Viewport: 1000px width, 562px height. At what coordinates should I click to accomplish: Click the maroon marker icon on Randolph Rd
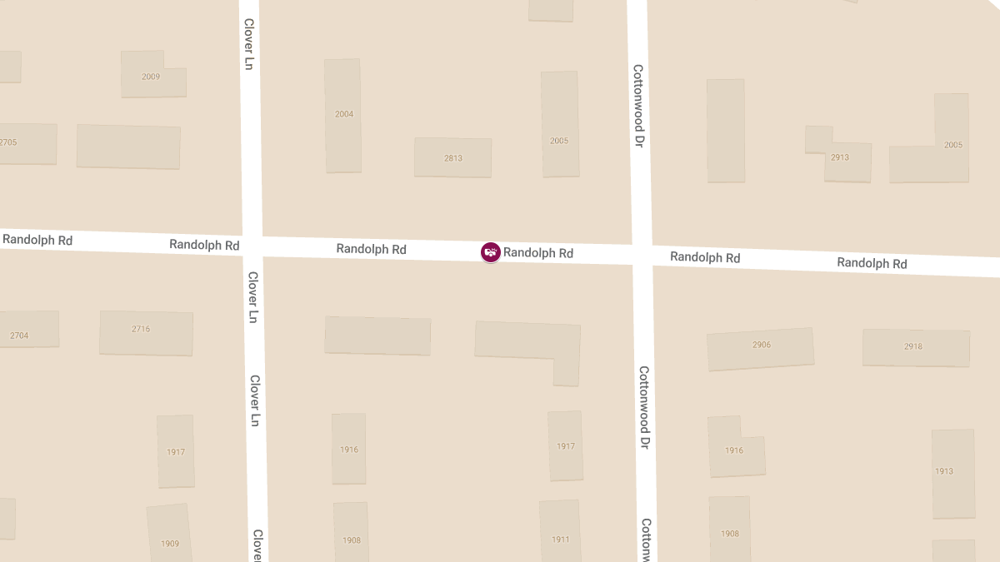coord(491,252)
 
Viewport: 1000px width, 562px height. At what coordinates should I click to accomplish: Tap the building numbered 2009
coord(151,77)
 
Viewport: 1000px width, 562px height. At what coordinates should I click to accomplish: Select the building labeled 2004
coord(343,115)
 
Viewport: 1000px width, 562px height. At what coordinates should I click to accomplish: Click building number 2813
coord(452,157)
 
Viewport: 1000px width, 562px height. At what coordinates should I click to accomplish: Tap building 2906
coord(760,348)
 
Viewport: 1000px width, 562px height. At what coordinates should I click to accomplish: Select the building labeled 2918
coord(915,347)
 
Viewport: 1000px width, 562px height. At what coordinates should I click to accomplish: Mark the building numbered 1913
coord(952,473)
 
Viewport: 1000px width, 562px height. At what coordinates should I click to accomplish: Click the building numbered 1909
coord(170,535)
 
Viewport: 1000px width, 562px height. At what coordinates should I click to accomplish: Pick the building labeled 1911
coord(560,533)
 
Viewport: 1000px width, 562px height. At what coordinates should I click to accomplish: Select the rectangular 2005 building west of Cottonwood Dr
coord(560,124)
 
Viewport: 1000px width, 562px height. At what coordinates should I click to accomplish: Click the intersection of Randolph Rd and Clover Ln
coord(252,246)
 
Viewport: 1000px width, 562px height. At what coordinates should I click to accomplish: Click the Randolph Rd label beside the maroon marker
coord(538,253)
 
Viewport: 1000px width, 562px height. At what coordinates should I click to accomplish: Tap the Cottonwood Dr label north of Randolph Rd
coord(638,106)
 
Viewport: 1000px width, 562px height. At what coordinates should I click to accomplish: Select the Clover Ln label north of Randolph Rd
coord(248,43)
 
